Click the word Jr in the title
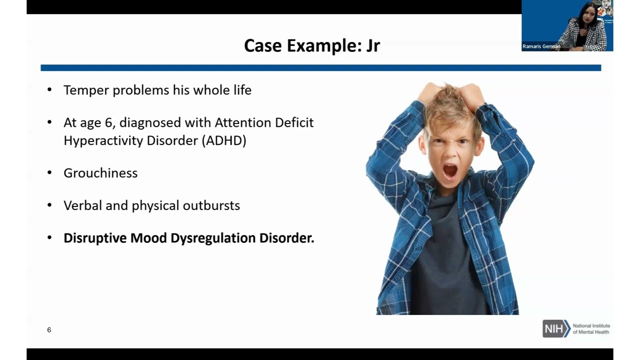tap(373, 46)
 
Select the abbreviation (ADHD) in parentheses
tap(224, 140)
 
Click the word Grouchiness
tap(100, 173)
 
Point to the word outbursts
tap(211, 205)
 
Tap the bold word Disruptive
tap(95, 238)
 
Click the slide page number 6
tap(49, 330)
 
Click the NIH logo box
tap(556, 329)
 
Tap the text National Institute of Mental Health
tap(591, 329)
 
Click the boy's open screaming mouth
tap(450, 171)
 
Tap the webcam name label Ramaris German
tap(541, 46)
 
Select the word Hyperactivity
tap(103, 140)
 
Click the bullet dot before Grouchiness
tap(49, 173)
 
